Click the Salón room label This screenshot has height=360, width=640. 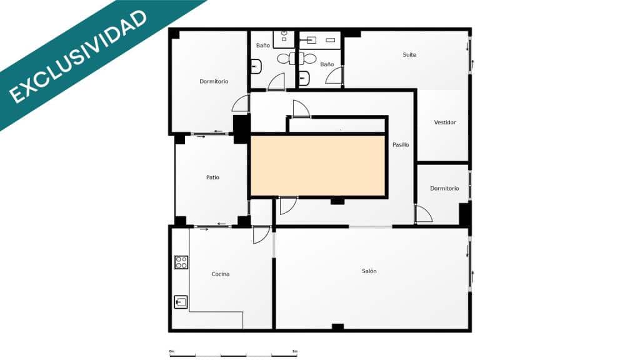(369, 271)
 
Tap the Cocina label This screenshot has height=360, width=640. (220, 274)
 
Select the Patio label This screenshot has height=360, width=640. (212, 177)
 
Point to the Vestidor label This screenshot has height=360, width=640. (445, 122)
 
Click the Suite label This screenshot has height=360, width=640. (409, 55)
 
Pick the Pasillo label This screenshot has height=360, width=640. (401, 145)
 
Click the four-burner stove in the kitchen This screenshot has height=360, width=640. (181, 262)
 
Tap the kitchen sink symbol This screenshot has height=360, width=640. (181, 302)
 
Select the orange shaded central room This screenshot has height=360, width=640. (317, 166)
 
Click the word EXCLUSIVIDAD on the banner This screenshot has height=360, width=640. (78, 56)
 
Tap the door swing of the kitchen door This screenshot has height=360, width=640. (261, 235)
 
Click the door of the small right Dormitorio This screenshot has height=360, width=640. (424, 214)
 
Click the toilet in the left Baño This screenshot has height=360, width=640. (256, 65)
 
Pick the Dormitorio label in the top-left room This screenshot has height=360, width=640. (214, 82)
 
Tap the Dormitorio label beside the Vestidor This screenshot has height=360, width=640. (444, 189)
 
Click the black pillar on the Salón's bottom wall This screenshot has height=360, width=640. (337, 327)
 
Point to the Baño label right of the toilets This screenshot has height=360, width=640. (327, 64)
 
